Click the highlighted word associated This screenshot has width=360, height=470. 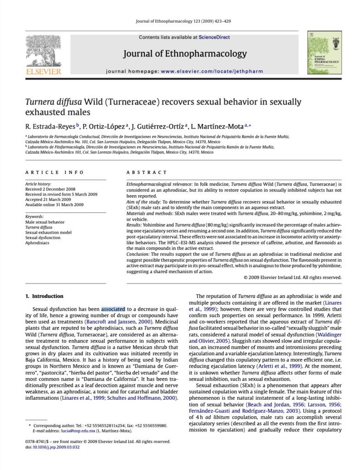pos(113,309)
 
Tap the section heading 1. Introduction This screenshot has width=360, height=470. pos(44,296)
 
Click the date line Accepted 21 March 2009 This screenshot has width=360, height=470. pos(48,200)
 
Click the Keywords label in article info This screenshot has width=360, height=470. pos(35,216)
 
